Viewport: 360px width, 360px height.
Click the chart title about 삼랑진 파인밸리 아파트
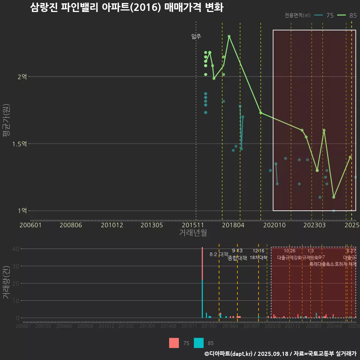tap(127, 7)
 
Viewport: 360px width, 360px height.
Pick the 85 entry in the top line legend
tap(347, 15)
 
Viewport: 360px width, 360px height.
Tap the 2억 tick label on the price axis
tap(22, 76)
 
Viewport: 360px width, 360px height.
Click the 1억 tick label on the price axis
tap(22, 211)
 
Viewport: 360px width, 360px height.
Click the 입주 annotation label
tap(196, 36)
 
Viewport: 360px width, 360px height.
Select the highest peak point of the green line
tap(229, 36)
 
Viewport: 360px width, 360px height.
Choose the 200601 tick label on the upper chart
tap(30, 225)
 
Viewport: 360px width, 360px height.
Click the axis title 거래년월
tap(193, 233)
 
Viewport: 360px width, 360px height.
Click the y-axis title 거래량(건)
tap(6, 283)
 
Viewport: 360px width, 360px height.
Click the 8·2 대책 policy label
tap(219, 254)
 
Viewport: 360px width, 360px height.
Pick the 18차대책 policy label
tap(258, 258)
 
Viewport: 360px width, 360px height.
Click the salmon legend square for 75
tap(174, 343)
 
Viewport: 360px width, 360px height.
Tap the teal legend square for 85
tap(199, 343)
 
